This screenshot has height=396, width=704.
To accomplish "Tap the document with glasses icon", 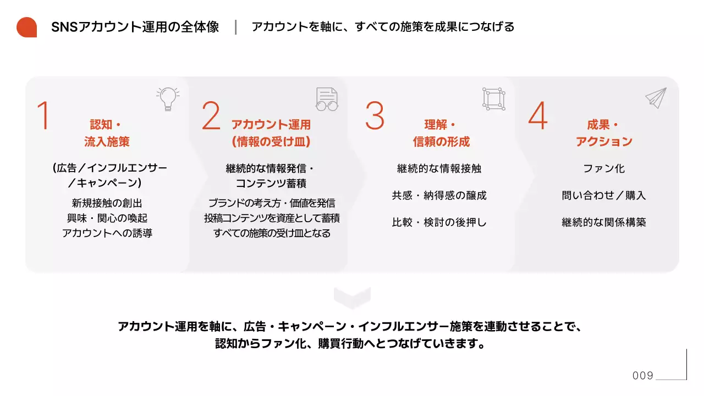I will tap(327, 99).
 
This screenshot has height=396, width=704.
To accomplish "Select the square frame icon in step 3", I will tap(493, 98).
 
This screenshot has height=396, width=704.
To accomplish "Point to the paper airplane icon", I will tap(656, 98).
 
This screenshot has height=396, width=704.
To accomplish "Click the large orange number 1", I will tap(43, 116).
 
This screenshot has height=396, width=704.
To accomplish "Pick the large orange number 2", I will tap(211, 116).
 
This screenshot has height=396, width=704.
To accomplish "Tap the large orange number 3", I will tap(375, 116).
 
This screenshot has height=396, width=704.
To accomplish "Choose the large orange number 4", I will tap(538, 116).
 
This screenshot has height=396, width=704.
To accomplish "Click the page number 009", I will tap(643, 376).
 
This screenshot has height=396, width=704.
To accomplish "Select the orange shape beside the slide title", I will tap(26, 27).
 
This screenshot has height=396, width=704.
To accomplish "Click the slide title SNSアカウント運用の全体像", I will tap(135, 27).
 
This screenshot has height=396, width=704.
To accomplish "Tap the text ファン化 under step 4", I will tap(604, 169).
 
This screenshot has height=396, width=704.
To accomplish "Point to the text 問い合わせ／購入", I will tap(604, 195).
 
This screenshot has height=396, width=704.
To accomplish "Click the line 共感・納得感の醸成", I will tap(439, 195).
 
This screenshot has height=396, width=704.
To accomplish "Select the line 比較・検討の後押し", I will tap(439, 222).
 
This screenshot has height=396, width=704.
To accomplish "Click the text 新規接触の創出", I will tap(107, 203).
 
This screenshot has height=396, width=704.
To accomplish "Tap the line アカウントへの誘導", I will tap(107, 233).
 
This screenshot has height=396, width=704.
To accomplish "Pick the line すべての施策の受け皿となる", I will tap(272, 233).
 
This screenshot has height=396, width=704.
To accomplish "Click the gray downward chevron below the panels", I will tap(352, 298).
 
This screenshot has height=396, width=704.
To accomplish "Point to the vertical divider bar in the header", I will tap(235, 27).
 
